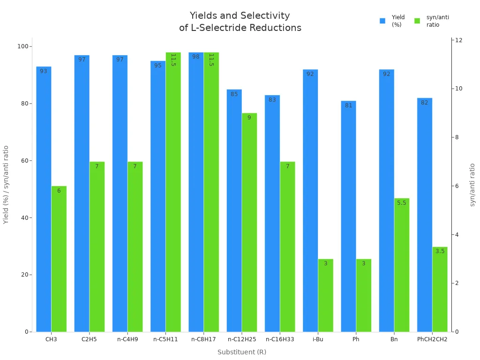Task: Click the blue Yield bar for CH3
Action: click(x=44, y=199)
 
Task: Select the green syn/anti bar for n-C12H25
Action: click(x=249, y=223)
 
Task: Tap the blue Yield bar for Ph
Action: click(x=348, y=216)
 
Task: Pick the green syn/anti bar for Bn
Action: click(x=402, y=265)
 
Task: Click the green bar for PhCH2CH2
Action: click(x=440, y=289)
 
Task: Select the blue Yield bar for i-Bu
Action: click(x=310, y=201)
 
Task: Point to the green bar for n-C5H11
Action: click(x=173, y=192)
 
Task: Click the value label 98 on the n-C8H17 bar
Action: click(x=196, y=57)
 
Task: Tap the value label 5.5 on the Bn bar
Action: click(x=402, y=203)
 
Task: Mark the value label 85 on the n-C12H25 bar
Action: click(x=234, y=94)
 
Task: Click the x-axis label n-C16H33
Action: click(x=280, y=339)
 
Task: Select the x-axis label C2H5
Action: click(x=89, y=339)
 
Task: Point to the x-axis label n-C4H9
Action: click(x=127, y=339)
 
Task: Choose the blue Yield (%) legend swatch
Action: click(x=382, y=21)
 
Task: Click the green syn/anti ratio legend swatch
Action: click(x=417, y=21)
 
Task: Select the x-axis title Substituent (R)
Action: click(x=242, y=352)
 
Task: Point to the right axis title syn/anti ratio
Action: click(x=472, y=185)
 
